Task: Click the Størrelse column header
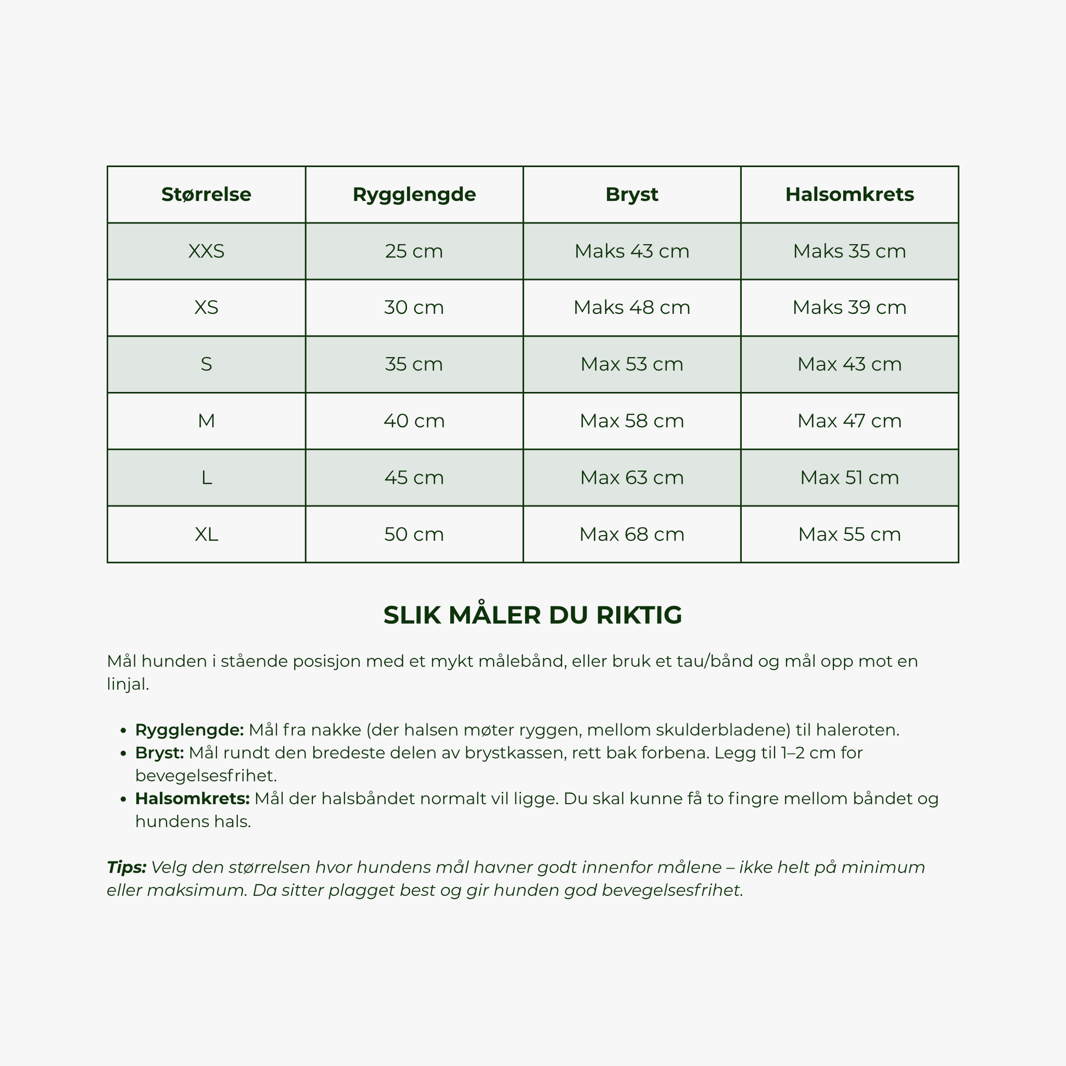[x=206, y=194]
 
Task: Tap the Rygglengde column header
[x=414, y=194]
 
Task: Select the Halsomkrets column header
[x=849, y=194]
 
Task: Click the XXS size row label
[x=206, y=251]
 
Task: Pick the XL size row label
[x=206, y=534]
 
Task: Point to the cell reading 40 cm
[x=414, y=421]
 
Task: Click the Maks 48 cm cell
[x=632, y=307]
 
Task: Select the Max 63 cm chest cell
[x=632, y=477]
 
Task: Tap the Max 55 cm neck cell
[x=849, y=534]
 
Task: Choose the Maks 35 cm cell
[x=849, y=251]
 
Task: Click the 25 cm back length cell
[x=414, y=251]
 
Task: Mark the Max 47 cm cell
[x=849, y=421]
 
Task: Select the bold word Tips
[x=126, y=867]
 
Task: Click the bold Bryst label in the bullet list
[x=159, y=753]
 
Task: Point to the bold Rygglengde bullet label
[x=189, y=730]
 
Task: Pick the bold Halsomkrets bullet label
[x=192, y=798]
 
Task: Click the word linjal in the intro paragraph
[x=128, y=685]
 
